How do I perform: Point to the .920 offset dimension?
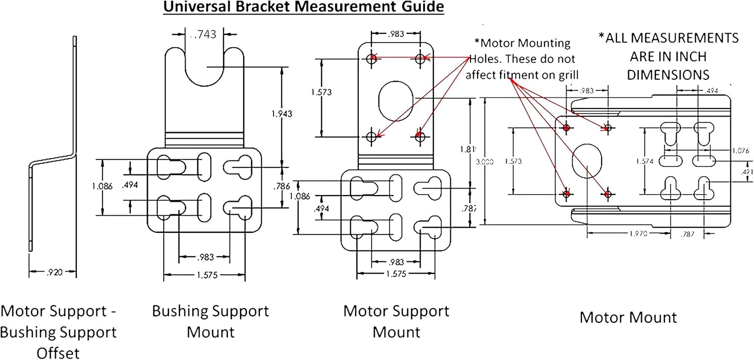[x=53, y=273]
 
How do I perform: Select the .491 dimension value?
[x=747, y=171]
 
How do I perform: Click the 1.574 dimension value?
[x=645, y=161]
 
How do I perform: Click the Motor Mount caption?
[x=628, y=317]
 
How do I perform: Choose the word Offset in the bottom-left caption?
[x=58, y=353]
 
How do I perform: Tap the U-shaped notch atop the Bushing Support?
[x=205, y=68]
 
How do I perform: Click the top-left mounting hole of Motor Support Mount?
[x=372, y=59]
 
